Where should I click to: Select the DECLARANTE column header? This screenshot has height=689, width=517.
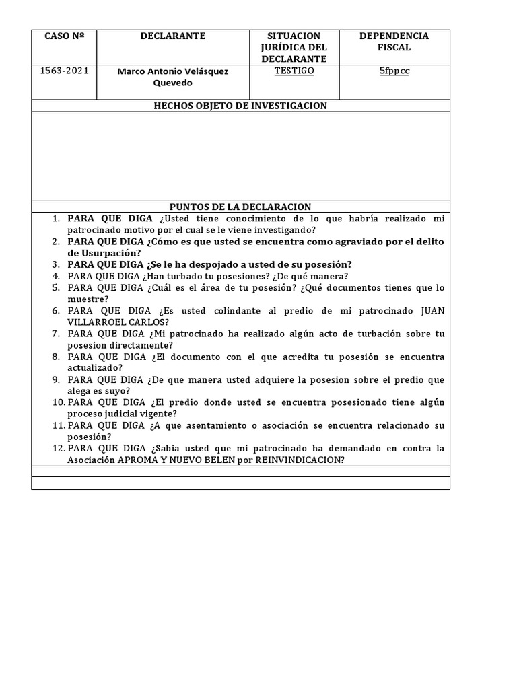(x=173, y=36)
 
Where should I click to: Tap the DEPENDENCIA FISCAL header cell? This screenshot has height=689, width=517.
(x=394, y=42)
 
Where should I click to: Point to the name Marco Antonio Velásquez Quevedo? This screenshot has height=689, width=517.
(x=173, y=77)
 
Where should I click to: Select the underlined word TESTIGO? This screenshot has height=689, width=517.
(x=294, y=71)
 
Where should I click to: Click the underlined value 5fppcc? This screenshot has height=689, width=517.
(x=394, y=71)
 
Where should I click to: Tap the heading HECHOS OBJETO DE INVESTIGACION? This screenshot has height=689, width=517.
(x=240, y=106)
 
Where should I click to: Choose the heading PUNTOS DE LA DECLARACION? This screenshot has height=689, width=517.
(x=240, y=207)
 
